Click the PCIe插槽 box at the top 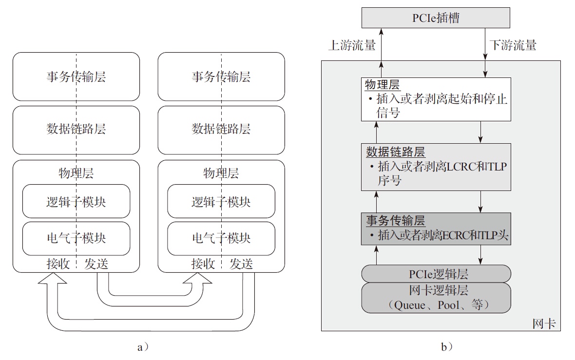435,19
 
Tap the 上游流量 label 352,46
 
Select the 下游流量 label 513,46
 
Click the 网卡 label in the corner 544,323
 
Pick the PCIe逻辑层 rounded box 436,273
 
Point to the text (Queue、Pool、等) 436,305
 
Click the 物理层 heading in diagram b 383,85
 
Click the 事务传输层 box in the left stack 76,76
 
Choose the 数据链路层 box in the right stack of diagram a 221,129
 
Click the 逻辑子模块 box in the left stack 76,201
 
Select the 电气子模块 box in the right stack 221,238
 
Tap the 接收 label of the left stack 58,264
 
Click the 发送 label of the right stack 241,264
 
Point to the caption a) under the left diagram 143,347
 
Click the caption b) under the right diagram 446,347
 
